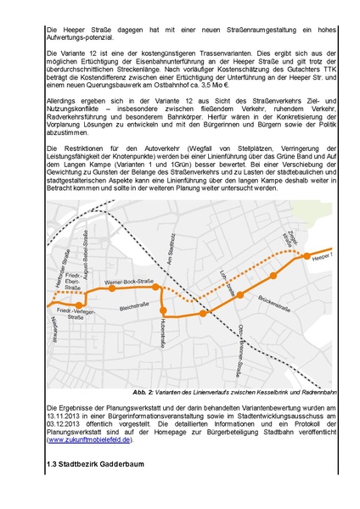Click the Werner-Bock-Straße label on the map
[128, 279]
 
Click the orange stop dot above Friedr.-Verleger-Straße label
[78, 305]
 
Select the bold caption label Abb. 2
[143, 393]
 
